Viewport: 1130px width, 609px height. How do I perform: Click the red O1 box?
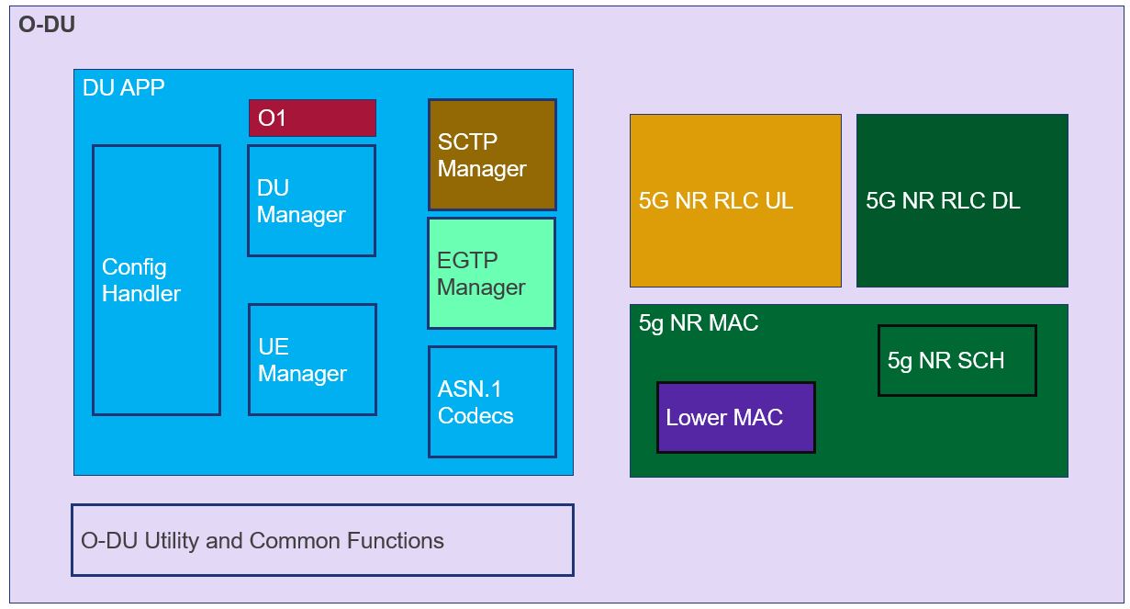point(312,118)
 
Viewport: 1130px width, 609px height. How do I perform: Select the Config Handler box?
point(156,280)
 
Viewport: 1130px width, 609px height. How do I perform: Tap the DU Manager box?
point(311,201)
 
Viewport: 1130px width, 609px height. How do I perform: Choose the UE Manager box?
point(312,360)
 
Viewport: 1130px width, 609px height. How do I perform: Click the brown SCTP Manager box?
point(492,155)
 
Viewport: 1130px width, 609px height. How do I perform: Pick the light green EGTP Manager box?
point(491,274)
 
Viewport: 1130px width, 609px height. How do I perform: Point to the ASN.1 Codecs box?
point(492,401)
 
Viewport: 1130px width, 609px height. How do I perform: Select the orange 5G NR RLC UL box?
point(735,200)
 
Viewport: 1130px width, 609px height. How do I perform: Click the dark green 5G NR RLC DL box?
point(962,200)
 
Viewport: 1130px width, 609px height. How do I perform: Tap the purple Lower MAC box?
point(735,418)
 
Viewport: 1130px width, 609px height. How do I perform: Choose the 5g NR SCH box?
point(957,360)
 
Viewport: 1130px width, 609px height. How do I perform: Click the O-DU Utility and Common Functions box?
point(322,540)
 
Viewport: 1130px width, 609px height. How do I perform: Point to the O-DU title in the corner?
point(47,25)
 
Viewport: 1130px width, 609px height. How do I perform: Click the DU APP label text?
point(124,88)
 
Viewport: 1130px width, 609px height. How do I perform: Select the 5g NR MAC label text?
point(699,323)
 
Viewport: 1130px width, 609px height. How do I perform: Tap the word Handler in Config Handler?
point(141,294)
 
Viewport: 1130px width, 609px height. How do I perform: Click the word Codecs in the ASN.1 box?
point(475,415)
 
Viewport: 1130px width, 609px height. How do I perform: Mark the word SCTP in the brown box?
point(467,142)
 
